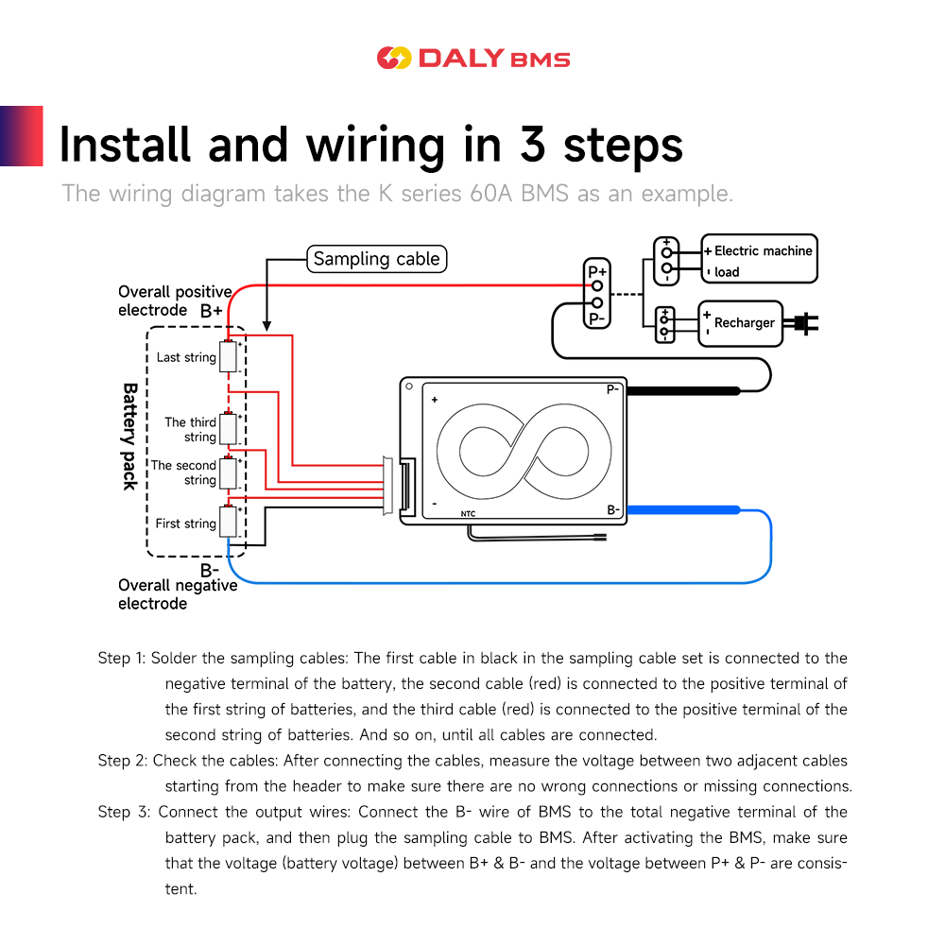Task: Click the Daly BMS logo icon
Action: [394, 58]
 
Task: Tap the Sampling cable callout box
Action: [377, 259]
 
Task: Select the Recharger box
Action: [740, 323]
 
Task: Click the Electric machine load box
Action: [760, 259]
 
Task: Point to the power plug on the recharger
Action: [801, 323]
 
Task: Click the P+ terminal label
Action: [597, 271]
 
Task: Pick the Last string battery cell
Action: [228, 356]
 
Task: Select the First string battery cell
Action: [228, 522]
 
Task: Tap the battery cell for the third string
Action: [228, 428]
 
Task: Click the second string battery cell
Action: [228, 472]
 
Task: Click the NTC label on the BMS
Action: [469, 514]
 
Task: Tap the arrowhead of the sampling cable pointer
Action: [266, 326]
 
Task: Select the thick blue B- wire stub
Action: [683, 510]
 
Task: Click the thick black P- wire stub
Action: [683, 391]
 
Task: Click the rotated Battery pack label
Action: [130, 437]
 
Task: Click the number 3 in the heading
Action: [533, 145]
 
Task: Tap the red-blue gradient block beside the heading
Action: [22, 136]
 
